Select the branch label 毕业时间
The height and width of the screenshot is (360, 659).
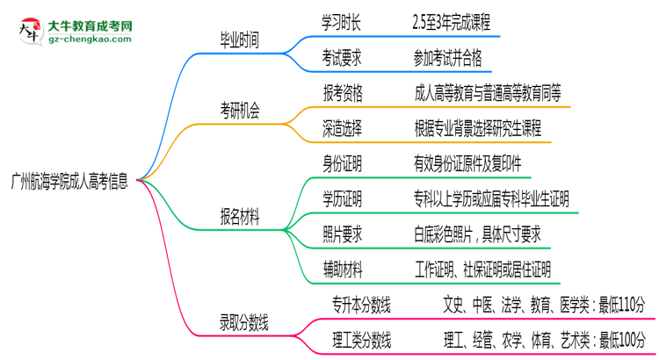[x=241, y=39]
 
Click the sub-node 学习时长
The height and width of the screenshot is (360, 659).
[x=343, y=20]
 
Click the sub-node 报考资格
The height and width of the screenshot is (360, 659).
[x=343, y=91]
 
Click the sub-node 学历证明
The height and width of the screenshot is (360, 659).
[x=343, y=198]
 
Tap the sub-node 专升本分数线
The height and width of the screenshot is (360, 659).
[x=361, y=305]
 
